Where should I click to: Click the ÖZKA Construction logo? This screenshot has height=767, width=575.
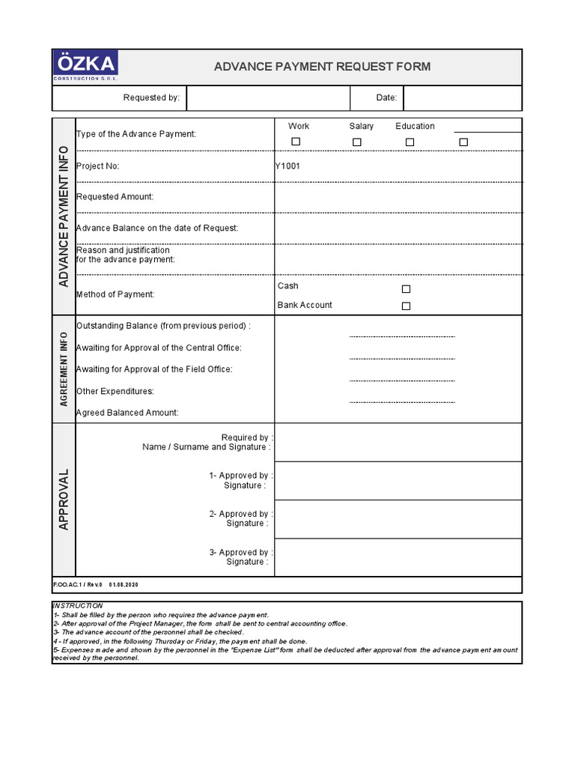coord(85,67)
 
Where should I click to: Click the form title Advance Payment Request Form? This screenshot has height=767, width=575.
coord(322,67)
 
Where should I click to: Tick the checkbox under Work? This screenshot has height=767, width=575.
coord(296,142)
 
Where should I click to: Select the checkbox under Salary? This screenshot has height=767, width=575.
coord(357,142)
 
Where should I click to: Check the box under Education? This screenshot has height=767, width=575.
coord(410,142)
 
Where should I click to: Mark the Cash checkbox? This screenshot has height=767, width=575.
coord(407,289)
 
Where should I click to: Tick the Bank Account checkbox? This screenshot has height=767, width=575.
coord(407,306)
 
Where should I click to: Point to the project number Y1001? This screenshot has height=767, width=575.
coord(287,166)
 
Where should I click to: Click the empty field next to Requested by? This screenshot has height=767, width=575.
coord(268,98)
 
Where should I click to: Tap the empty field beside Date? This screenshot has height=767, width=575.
coord(462,98)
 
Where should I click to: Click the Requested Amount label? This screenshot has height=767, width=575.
coord(115,197)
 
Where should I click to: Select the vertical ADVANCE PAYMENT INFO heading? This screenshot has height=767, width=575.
coord(64,216)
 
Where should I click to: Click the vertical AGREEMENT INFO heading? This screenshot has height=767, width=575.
coord(64,369)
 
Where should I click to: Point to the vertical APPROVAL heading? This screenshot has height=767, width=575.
coord(64,500)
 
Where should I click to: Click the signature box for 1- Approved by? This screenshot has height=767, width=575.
coord(398,481)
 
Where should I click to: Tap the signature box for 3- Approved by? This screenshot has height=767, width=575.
coord(398,557)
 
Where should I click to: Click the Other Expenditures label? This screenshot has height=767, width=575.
coord(115,391)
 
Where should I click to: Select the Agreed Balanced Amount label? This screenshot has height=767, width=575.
coord(127,413)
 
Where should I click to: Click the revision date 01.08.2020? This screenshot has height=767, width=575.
coord(124,585)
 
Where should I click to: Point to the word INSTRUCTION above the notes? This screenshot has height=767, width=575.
coord(78,605)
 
